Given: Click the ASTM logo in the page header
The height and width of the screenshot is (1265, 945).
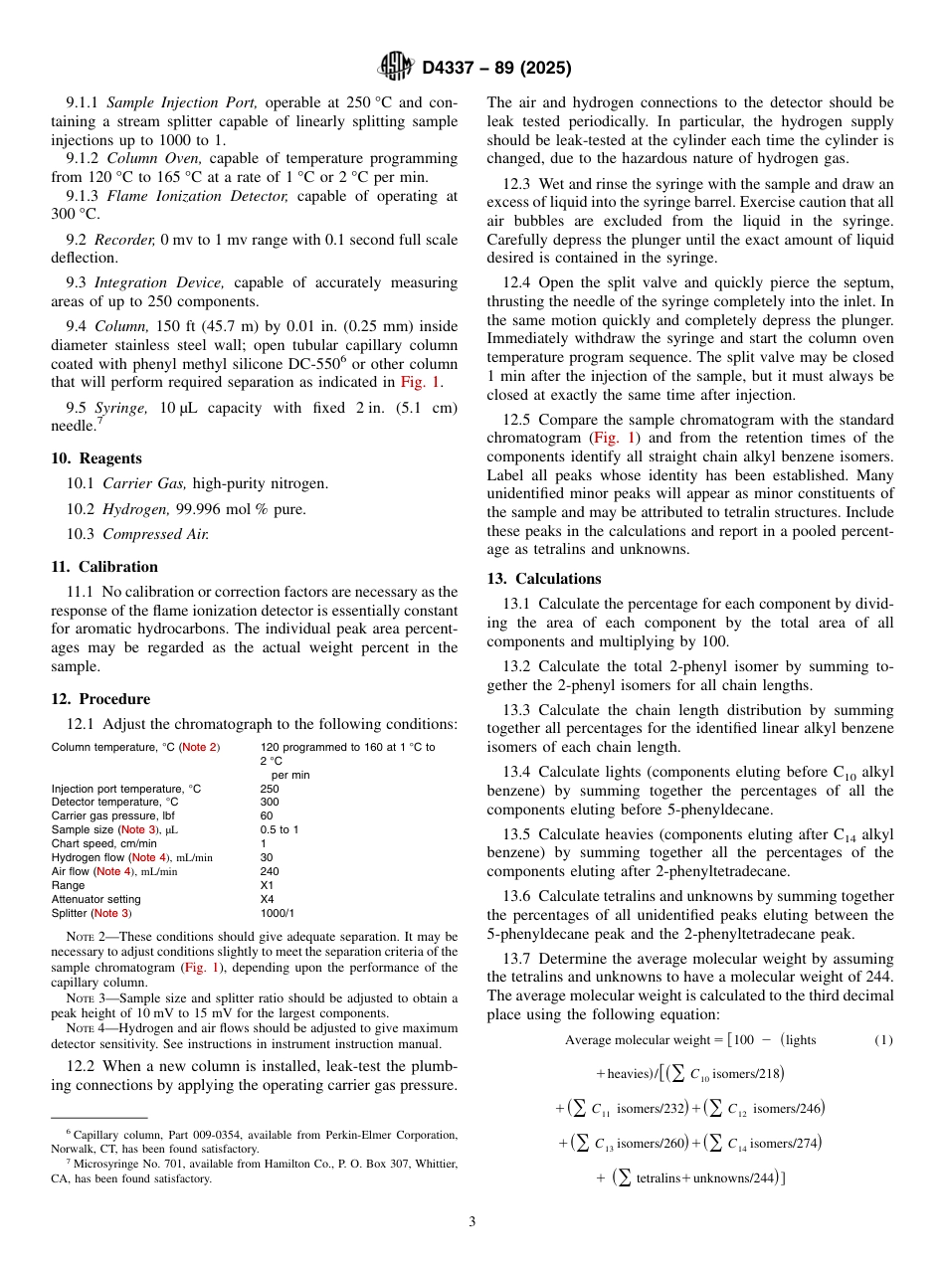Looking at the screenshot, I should coord(396,68).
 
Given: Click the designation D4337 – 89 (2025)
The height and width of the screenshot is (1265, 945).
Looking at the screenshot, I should coord(496,69).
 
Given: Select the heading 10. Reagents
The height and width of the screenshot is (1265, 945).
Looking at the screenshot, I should coord(96,458).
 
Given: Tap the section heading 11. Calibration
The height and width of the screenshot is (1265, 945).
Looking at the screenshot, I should coord(104,567).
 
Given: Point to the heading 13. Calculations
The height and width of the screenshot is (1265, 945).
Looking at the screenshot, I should coord(543,579).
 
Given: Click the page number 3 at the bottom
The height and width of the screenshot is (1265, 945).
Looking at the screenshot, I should coord(472,1221).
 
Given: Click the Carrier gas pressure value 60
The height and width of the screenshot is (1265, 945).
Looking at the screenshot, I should coord(266,815).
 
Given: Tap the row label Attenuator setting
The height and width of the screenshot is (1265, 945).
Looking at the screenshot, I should coord(96,899).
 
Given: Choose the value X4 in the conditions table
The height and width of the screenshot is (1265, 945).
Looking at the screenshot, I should coord(267,899).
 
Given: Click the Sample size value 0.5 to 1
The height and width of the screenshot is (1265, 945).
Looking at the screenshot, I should coord(280,829).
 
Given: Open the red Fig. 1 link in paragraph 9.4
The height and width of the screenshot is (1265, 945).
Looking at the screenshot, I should coord(421,382).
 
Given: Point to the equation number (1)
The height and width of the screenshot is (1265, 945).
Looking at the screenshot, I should coord(883,1040).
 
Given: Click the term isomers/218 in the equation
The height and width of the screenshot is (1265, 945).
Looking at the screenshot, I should coord(746,1074).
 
